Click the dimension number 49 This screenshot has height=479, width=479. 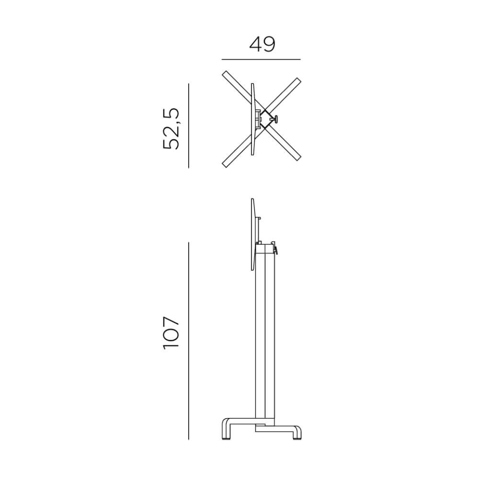pos(262,44)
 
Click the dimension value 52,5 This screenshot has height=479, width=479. pos(171,128)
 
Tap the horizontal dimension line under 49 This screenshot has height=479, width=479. pos(261,59)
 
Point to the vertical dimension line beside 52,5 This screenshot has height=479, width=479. pos(188,125)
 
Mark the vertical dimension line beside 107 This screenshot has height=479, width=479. pos(188,341)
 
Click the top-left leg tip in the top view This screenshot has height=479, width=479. pos(225,74)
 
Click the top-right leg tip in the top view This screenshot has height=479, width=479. pos(298,80)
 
